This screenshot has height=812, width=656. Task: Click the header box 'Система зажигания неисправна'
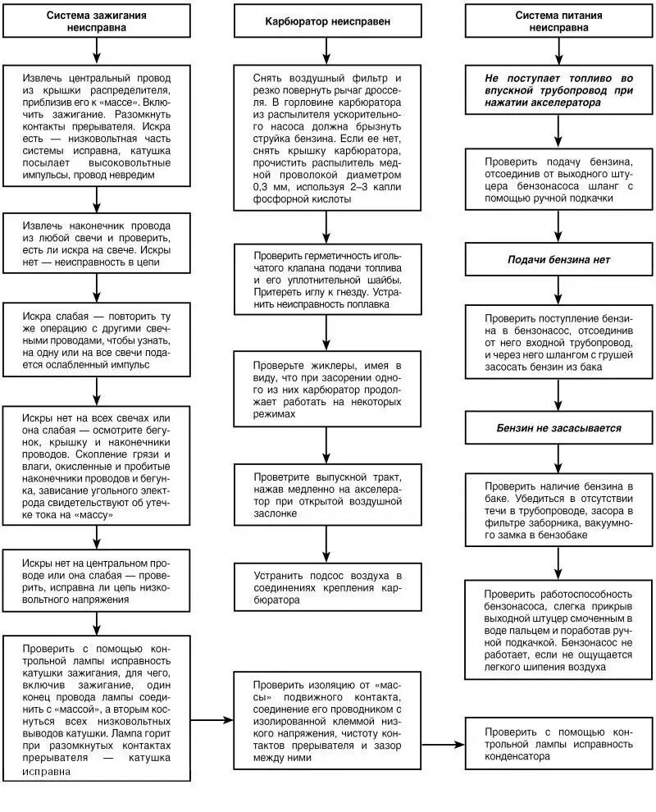click(x=97, y=21)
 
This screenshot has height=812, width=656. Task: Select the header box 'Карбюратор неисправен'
click(x=327, y=21)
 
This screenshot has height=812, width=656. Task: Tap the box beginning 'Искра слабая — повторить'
click(x=97, y=340)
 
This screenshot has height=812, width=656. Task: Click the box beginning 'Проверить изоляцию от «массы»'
click(x=327, y=720)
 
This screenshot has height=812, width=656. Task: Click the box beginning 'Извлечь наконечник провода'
click(x=97, y=244)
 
